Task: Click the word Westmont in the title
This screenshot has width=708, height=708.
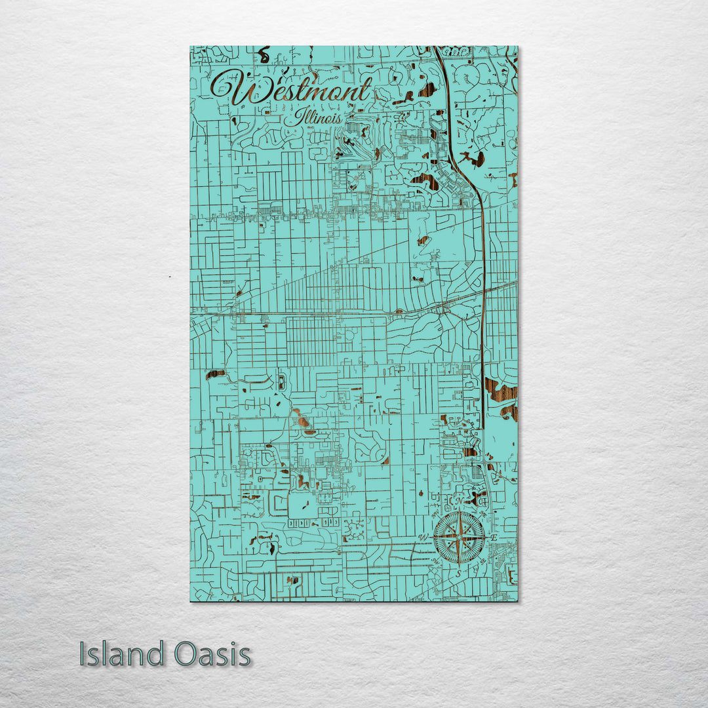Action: coord(292,90)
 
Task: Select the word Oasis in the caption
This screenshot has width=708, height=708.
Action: coord(212,654)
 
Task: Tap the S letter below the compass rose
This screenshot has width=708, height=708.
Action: coord(459,573)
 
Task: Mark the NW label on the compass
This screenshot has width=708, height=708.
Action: coord(435,515)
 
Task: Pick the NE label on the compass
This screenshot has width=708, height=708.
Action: coord(483,515)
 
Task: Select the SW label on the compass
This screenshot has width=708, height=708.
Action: coord(435,562)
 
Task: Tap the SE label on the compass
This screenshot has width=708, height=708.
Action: coord(483,562)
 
